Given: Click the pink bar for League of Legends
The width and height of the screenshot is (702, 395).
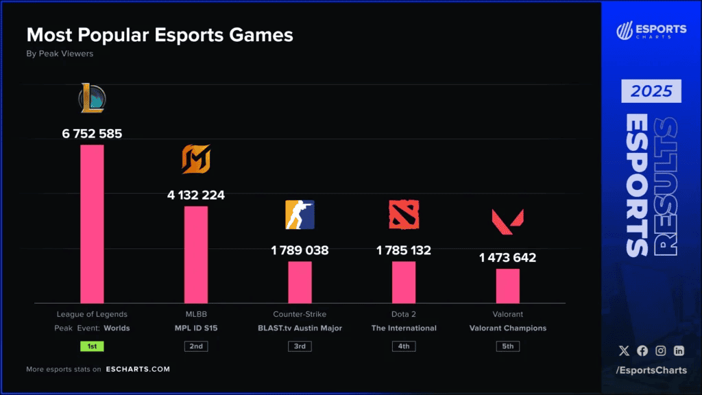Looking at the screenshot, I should pyautogui.click(x=92, y=224).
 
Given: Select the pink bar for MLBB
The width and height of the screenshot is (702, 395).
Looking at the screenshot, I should pyautogui.click(x=196, y=254).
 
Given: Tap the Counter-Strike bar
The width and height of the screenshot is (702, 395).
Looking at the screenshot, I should pyautogui.click(x=300, y=282).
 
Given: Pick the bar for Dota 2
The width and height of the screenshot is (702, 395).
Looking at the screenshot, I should pyautogui.click(x=404, y=282).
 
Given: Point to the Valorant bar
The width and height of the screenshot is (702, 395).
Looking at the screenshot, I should pyautogui.click(x=508, y=285).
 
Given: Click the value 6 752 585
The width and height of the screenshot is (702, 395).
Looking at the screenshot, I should pyautogui.click(x=92, y=134).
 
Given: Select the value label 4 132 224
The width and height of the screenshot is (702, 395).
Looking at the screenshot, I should pyautogui.click(x=196, y=195).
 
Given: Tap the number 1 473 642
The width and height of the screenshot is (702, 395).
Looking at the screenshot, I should pyautogui.click(x=508, y=258).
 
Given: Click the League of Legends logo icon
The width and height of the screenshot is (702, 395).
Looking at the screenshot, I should pyautogui.click(x=92, y=98).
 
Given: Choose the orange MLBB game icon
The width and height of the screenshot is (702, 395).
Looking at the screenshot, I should pyautogui.click(x=196, y=160).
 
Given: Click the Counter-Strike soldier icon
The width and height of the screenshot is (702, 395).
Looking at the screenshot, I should pyautogui.click(x=300, y=215).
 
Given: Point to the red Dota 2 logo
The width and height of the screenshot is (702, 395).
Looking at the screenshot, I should pyautogui.click(x=404, y=215).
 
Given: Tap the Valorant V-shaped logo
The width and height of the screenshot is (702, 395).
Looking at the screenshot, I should pyautogui.click(x=508, y=219).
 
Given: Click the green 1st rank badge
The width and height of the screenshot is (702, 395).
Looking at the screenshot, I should pyautogui.click(x=92, y=346).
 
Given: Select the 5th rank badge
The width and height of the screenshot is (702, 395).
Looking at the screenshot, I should pyautogui.click(x=508, y=346).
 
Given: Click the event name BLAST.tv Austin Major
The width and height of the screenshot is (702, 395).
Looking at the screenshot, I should pyautogui.click(x=300, y=328).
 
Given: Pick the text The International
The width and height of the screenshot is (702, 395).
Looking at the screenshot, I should pyautogui.click(x=404, y=328).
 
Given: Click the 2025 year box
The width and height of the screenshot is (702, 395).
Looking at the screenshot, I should pyautogui.click(x=651, y=91).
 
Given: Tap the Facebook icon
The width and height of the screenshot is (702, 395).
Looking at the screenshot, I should pyautogui.click(x=642, y=350).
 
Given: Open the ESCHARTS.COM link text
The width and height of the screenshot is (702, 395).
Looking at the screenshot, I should pyautogui.click(x=138, y=369).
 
